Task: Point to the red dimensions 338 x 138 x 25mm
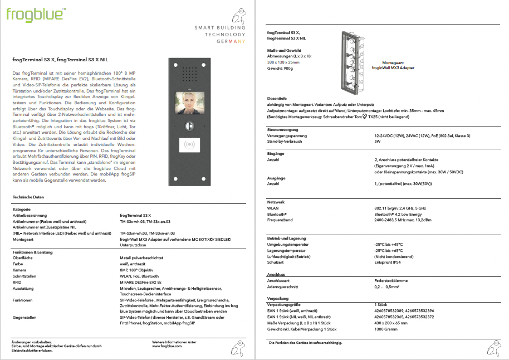click(x=283, y=62)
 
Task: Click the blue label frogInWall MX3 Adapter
click(x=393, y=67)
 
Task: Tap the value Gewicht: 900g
click(x=280, y=68)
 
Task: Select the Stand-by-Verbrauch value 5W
click(x=377, y=141)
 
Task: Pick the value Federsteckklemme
click(x=391, y=280)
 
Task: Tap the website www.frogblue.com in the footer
click(x=167, y=346)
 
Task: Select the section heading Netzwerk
click(x=277, y=202)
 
